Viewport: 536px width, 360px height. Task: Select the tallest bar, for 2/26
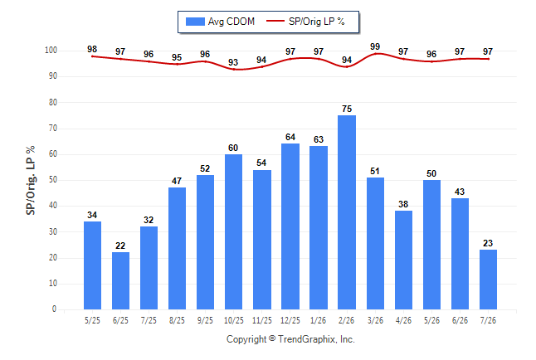pyautogui.click(x=347, y=212)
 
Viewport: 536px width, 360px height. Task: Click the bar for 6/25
pyautogui.click(x=120, y=280)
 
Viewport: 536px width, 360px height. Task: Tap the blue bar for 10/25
pyautogui.click(x=233, y=231)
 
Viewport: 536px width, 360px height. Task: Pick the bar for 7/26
pyautogui.click(x=488, y=280)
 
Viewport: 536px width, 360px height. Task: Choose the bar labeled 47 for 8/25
pyautogui.click(x=177, y=249)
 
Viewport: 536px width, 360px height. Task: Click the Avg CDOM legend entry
pyautogui.click(x=220, y=22)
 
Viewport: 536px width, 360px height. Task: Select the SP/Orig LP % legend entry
pyautogui.click(x=305, y=22)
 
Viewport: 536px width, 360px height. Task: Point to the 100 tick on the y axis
pyautogui.click(x=51, y=51)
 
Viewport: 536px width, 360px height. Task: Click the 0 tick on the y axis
pyautogui.click(x=54, y=309)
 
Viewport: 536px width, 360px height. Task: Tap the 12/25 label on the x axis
pyautogui.click(x=290, y=320)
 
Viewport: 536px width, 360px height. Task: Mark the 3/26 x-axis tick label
pyautogui.click(x=375, y=320)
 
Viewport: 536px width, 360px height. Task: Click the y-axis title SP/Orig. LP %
pyautogui.click(x=31, y=180)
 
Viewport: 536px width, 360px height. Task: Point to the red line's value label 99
pyautogui.click(x=375, y=46)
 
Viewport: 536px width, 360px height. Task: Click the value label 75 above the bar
pyautogui.click(x=347, y=109)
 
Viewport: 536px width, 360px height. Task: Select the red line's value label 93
pyautogui.click(x=233, y=62)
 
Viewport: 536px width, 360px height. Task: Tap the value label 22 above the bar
pyautogui.click(x=120, y=246)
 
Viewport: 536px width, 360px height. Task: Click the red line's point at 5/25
pyautogui.click(x=92, y=56)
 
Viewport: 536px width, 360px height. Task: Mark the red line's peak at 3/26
pyautogui.click(x=375, y=54)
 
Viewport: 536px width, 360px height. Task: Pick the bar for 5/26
pyautogui.click(x=431, y=245)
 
